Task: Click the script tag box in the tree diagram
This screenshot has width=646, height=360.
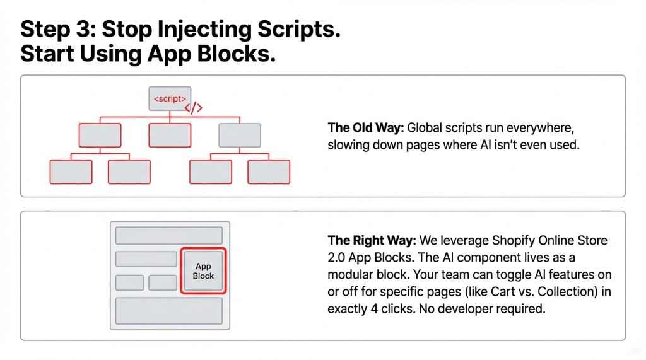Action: point(170,98)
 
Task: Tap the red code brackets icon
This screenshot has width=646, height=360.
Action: point(194,108)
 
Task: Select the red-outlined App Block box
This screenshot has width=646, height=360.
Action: point(203,271)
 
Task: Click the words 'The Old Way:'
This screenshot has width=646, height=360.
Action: point(366,128)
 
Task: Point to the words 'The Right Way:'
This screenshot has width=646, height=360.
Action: point(372,241)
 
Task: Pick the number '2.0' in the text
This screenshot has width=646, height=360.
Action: point(338,258)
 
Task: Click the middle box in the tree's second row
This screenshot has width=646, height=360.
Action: point(170,136)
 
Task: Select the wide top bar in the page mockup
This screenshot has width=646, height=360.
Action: point(169,236)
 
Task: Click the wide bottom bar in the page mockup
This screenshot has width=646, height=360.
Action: point(169,310)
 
